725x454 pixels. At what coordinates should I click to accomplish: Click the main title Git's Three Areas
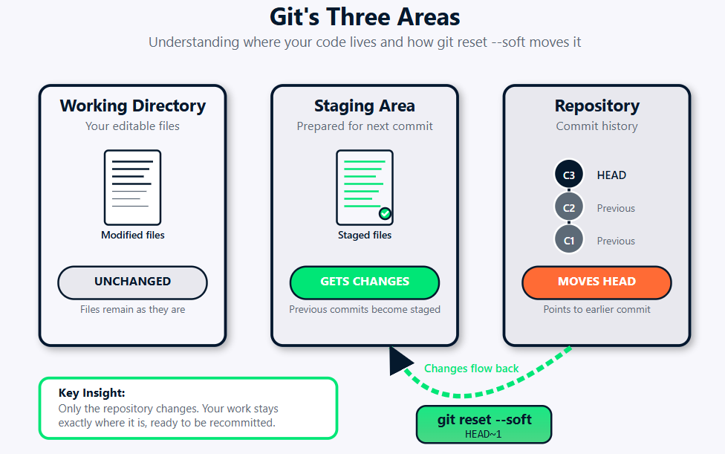point(364,17)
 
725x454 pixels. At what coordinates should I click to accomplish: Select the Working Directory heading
point(132,106)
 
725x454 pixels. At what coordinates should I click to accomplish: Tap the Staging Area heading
point(364,106)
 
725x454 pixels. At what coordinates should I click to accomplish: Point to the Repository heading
point(596,106)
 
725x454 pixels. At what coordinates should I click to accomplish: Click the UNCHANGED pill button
point(132,282)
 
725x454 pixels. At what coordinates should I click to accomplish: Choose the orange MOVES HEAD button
point(596,282)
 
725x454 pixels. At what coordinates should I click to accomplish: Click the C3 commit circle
point(569,175)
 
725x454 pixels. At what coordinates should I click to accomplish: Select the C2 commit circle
point(569,208)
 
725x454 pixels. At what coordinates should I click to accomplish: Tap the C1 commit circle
point(569,241)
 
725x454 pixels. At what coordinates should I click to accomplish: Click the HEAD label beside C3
point(611,175)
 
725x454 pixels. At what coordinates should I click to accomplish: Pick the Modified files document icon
point(132,187)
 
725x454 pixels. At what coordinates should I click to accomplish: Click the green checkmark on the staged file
point(385,214)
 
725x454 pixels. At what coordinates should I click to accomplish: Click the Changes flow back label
point(471,368)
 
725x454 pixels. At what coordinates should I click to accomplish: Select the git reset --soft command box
point(484,424)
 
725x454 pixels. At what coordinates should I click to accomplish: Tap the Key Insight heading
point(91,393)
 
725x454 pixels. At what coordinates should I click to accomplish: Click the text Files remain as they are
point(132,309)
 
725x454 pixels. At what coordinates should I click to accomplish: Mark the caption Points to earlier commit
point(596,309)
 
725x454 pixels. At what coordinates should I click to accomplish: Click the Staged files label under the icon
point(364,235)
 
